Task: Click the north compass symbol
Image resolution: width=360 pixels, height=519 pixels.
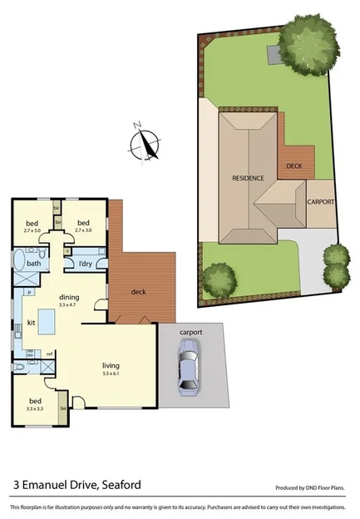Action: click(x=147, y=142)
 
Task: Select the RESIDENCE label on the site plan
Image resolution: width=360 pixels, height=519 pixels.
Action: click(x=248, y=178)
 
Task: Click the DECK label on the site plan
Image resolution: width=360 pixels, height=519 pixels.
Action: click(x=293, y=166)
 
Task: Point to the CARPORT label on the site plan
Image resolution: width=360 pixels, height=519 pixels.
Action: click(x=320, y=202)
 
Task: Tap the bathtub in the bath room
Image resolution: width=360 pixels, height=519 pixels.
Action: click(x=19, y=264)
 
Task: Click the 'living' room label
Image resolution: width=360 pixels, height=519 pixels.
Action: click(x=111, y=364)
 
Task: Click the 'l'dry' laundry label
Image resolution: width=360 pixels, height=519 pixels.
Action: click(x=85, y=264)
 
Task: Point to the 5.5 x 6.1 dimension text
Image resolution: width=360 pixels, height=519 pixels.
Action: click(x=111, y=373)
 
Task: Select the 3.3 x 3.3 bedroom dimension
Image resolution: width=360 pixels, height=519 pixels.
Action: click(x=34, y=409)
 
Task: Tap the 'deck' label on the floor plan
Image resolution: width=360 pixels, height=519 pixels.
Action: click(x=139, y=291)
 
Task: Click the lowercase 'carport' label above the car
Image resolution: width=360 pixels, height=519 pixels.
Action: click(x=190, y=332)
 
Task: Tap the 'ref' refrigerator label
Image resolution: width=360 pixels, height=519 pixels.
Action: click(x=50, y=353)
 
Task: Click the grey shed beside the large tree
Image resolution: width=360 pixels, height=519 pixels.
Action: click(x=274, y=54)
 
